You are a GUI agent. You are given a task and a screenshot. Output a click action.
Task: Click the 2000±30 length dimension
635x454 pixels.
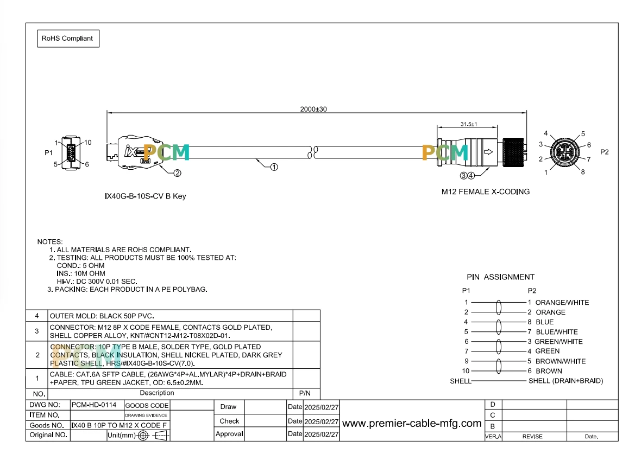click(x=313, y=109)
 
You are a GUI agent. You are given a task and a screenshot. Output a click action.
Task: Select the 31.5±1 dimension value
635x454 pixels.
click(x=469, y=124)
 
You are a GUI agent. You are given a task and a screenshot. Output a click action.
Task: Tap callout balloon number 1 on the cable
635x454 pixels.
click(x=274, y=167)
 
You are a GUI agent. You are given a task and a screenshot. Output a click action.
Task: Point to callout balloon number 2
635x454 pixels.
click(x=178, y=173)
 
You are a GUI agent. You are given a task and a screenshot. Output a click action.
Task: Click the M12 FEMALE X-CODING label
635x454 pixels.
click(x=486, y=191)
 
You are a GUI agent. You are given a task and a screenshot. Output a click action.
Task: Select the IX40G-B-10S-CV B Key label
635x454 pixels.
click(x=146, y=196)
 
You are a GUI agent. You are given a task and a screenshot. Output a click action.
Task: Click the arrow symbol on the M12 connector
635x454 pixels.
click(x=488, y=152)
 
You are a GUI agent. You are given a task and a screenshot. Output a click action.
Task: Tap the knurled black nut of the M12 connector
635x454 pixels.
click(x=513, y=152)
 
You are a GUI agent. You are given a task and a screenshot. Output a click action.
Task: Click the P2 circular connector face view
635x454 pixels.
click(x=564, y=152)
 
